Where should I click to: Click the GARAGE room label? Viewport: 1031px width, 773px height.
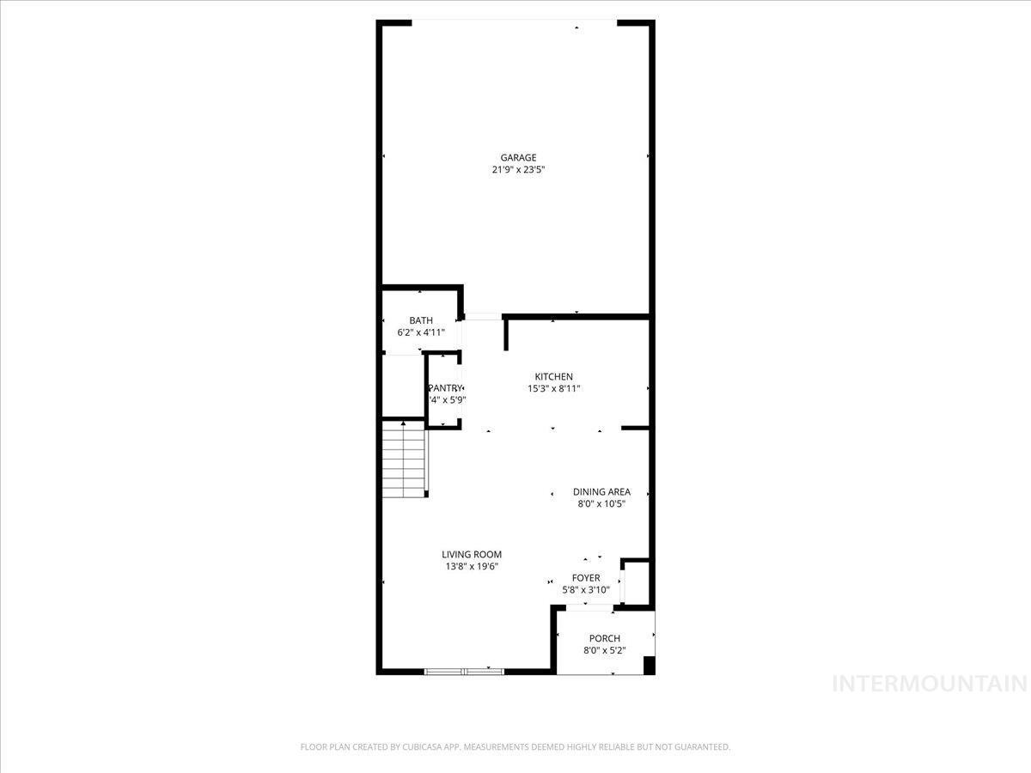click(x=518, y=157)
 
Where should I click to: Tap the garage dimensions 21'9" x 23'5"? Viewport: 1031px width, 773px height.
click(x=518, y=170)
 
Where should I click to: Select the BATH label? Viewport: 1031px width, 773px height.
click(x=421, y=320)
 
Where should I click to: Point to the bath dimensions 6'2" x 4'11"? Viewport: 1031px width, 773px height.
click(x=421, y=332)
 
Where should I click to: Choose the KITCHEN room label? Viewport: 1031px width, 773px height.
click(x=553, y=377)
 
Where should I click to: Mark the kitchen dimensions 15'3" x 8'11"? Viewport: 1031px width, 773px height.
click(x=553, y=389)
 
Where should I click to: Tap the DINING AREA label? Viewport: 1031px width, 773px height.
click(x=601, y=492)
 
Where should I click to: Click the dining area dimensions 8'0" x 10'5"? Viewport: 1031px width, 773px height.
click(x=601, y=504)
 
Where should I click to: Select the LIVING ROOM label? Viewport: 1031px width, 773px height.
click(x=472, y=555)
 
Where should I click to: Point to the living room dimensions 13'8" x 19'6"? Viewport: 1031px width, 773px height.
click(x=472, y=567)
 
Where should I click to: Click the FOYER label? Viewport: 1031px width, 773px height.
click(x=586, y=578)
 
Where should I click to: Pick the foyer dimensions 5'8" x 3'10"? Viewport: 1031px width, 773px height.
click(x=586, y=590)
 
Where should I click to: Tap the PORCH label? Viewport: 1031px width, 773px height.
click(x=604, y=638)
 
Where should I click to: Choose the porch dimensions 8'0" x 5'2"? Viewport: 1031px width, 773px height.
click(x=604, y=650)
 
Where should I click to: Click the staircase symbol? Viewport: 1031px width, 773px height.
click(x=404, y=460)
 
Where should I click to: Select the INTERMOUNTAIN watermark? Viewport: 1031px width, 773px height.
click(x=930, y=685)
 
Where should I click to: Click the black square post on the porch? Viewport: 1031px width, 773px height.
click(x=649, y=666)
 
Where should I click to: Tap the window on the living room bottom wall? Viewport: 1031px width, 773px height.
click(x=464, y=671)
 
